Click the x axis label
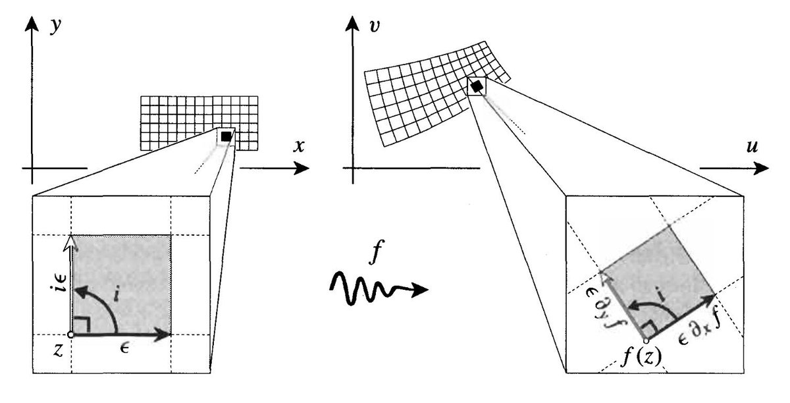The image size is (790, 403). pyautogui.click(x=300, y=146)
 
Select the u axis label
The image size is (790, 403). pyautogui.click(x=752, y=146)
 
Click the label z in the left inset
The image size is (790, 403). pyautogui.click(x=58, y=351)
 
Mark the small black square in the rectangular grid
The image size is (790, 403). pyautogui.click(x=226, y=136)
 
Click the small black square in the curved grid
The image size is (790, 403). pyautogui.click(x=477, y=86)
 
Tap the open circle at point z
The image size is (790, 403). pyautogui.click(x=70, y=335)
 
